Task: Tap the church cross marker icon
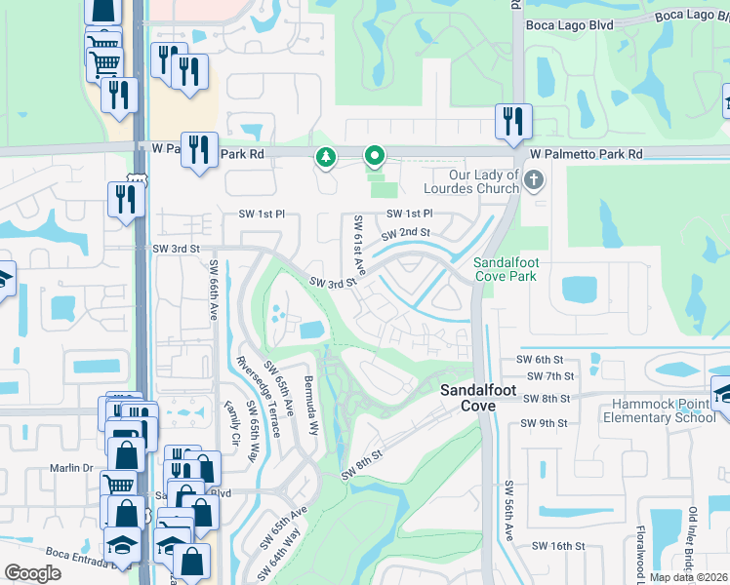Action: [532, 180]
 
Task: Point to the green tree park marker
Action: [325, 156]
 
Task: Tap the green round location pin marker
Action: [374, 156]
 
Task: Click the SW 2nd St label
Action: [406, 234]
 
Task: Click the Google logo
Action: [33, 573]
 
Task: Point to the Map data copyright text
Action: [689, 577]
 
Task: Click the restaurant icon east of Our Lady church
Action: [512, 122]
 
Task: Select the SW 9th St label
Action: [544, 423]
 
